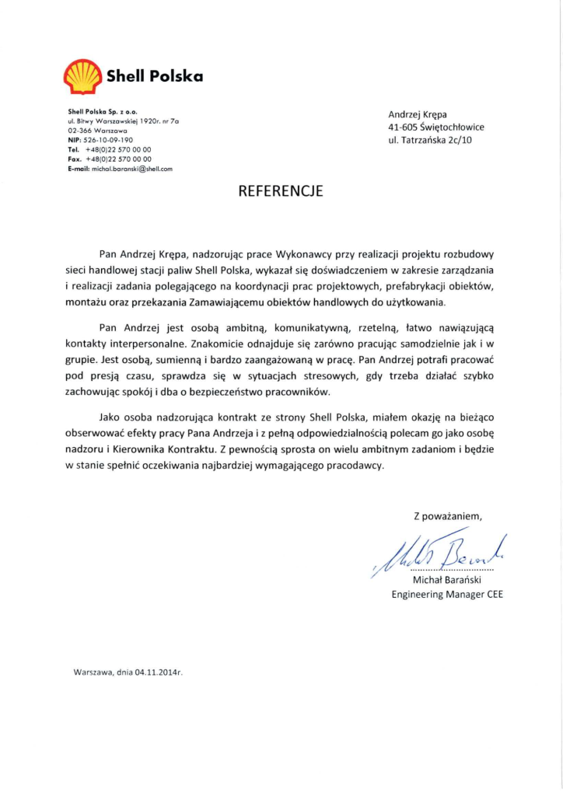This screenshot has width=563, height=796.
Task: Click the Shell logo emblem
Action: (x=81, y=77)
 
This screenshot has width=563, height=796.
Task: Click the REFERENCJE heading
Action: (x=281, y=190)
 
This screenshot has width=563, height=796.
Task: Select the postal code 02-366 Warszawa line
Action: (x=94, y=131)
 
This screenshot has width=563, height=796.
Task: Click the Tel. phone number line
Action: (x=110, y=148)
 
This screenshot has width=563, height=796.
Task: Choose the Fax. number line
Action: (x=110, y=158)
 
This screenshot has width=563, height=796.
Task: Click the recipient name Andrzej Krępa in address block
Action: (x=418, y=114)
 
